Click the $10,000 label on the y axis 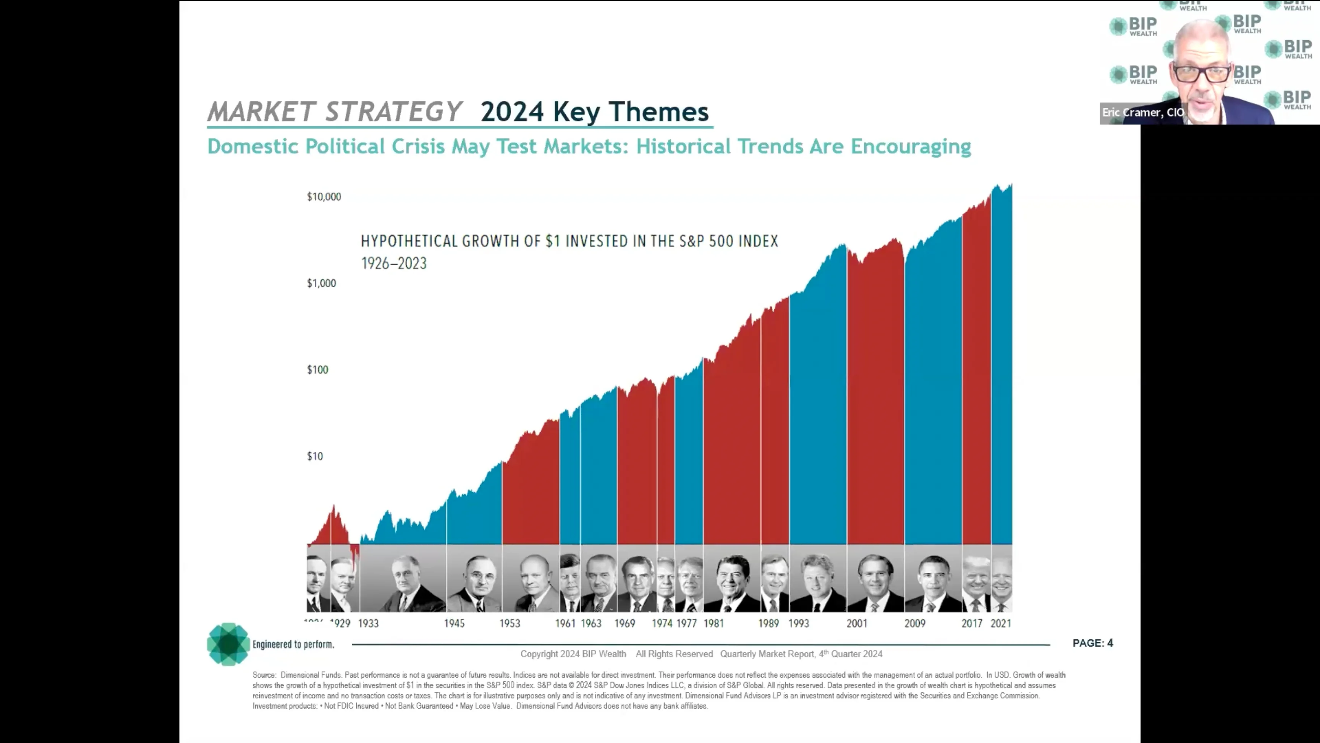tap(324, 197)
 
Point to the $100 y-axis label tap(317, 370)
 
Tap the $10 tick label tap(315, 456)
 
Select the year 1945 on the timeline tap(454, 623)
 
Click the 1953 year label tap(510, 623)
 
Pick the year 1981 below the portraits tap(713, 623)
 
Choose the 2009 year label tap(915, 623)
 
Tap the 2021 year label tap(1000, 623)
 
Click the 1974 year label tap(662, 623)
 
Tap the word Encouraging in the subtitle tap(911, 147)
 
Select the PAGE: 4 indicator tap(1092, 643)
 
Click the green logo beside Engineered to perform tap(228, 644)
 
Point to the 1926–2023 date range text tap(393, 264)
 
